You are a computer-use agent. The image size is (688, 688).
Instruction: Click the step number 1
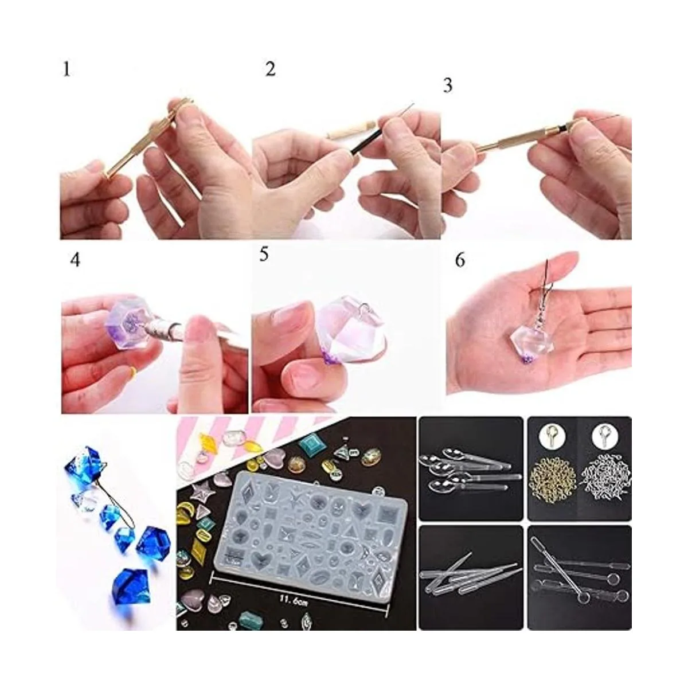coord(67,69)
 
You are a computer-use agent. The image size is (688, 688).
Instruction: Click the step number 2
coord(270,69)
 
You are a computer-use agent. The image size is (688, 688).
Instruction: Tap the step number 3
coord(448,86)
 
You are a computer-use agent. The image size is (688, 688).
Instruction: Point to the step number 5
coord(264,255)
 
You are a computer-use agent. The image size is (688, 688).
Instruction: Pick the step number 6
coord(460,260)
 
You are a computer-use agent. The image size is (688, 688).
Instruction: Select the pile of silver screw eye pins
coord(606,472)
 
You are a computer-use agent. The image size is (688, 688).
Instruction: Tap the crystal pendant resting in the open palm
coord(523,339)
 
